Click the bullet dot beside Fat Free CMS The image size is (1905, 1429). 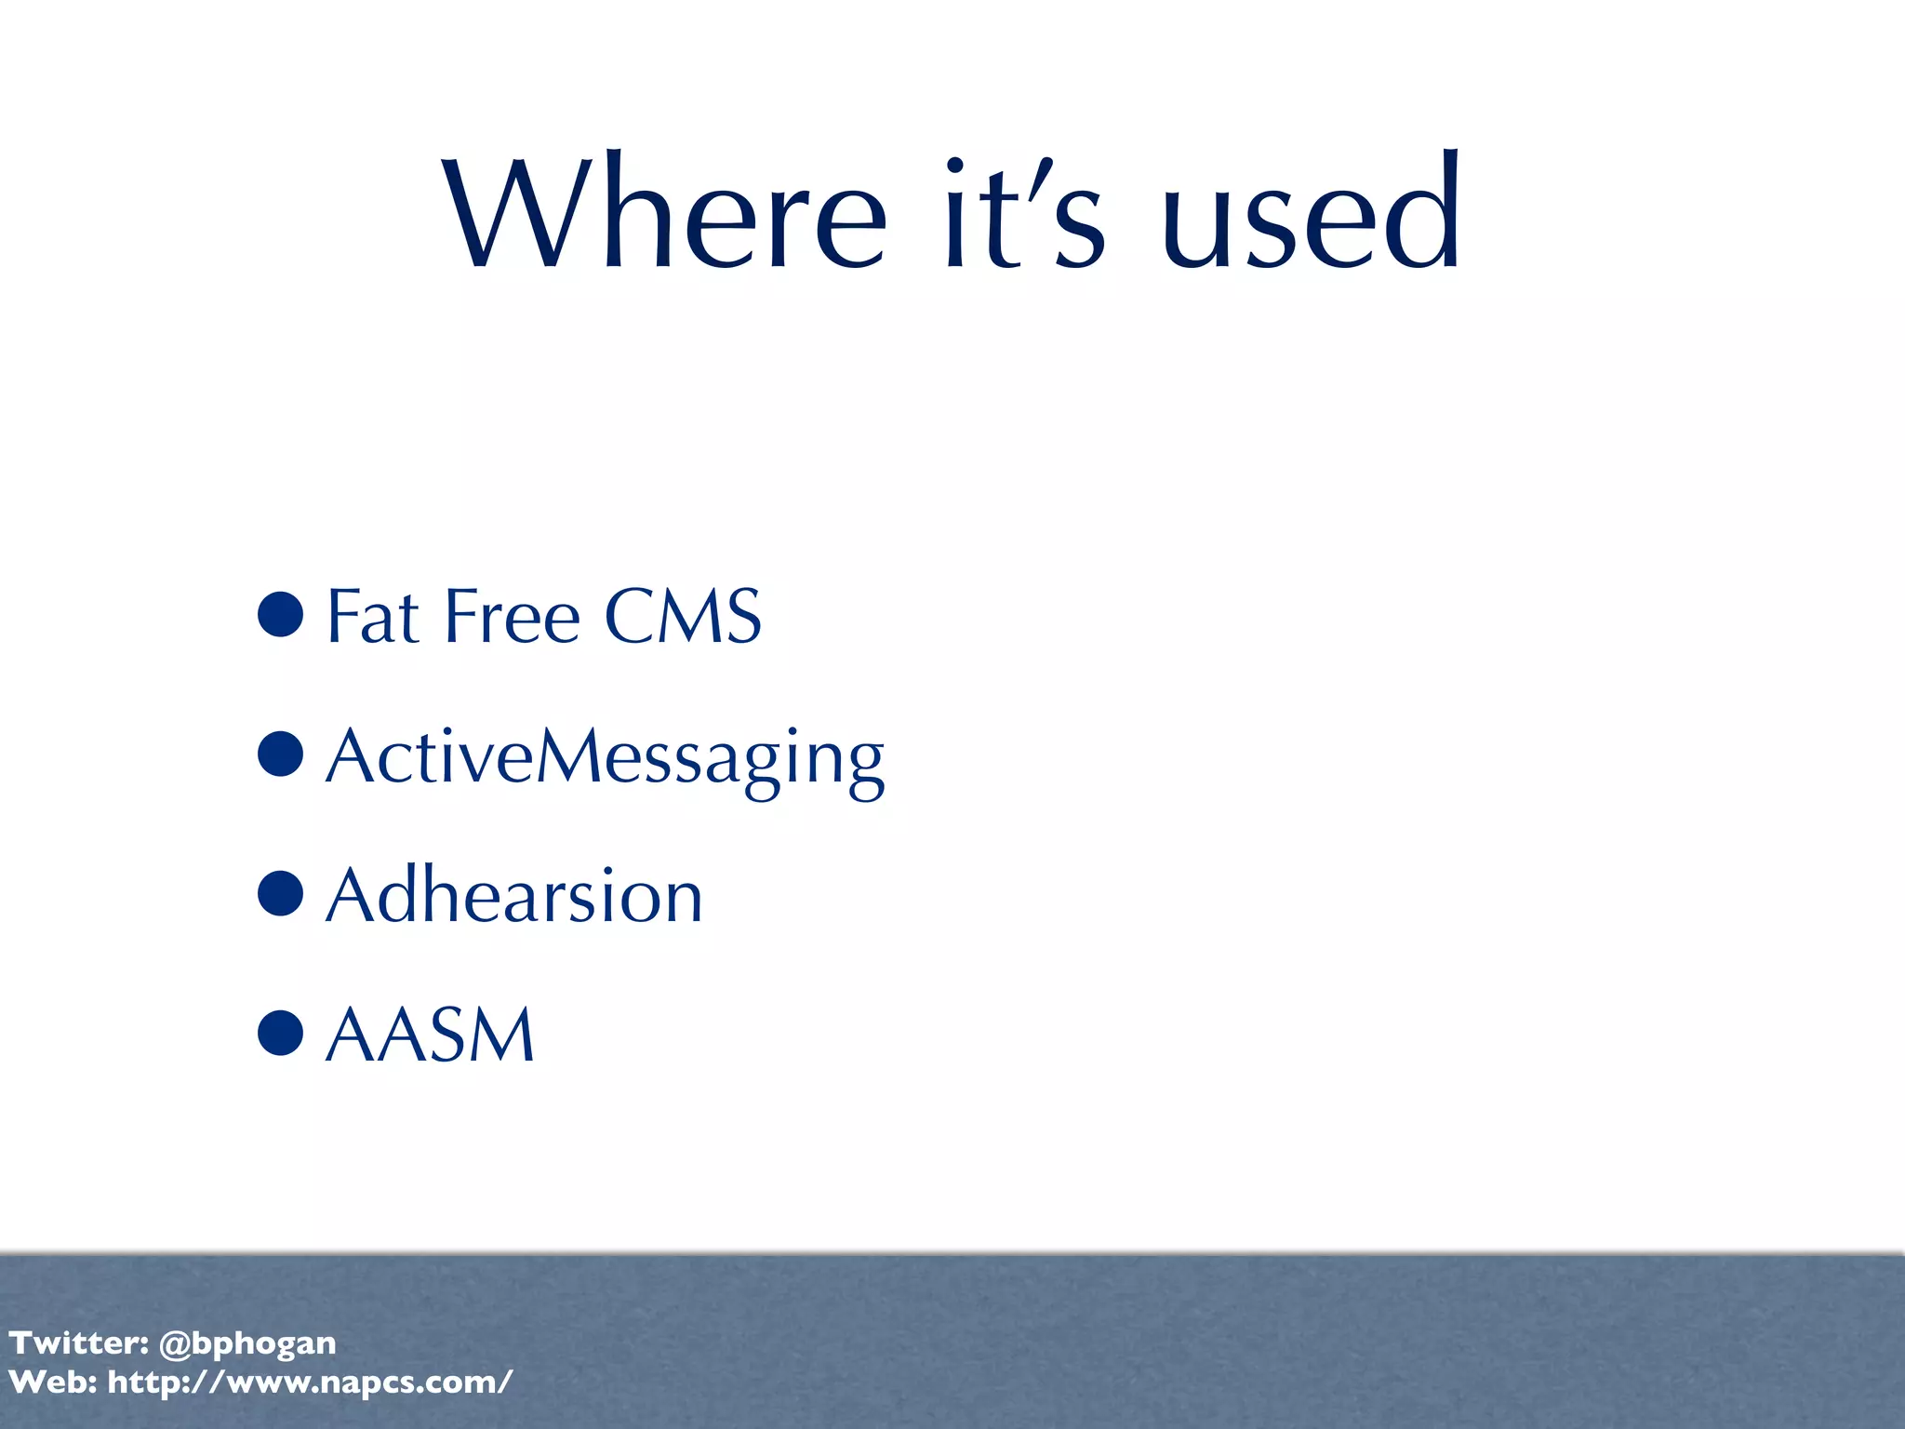coord(281,614)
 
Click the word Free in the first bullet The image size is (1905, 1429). coord(513,616)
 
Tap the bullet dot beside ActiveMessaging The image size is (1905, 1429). coord(281,754)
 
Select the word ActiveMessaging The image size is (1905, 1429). coord(605,757)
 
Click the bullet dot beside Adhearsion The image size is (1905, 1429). coord(281,893)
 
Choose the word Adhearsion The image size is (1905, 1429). coord(514,895)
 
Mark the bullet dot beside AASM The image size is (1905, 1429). coord(281,1033)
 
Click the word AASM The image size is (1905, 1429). coord(431,1035)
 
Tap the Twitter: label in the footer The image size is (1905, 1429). coord(79,1342)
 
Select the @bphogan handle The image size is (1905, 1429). coord(247,1343)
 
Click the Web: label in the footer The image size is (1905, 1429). coord(53,1382)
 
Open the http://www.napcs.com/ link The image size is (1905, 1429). coord(310,1382)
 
